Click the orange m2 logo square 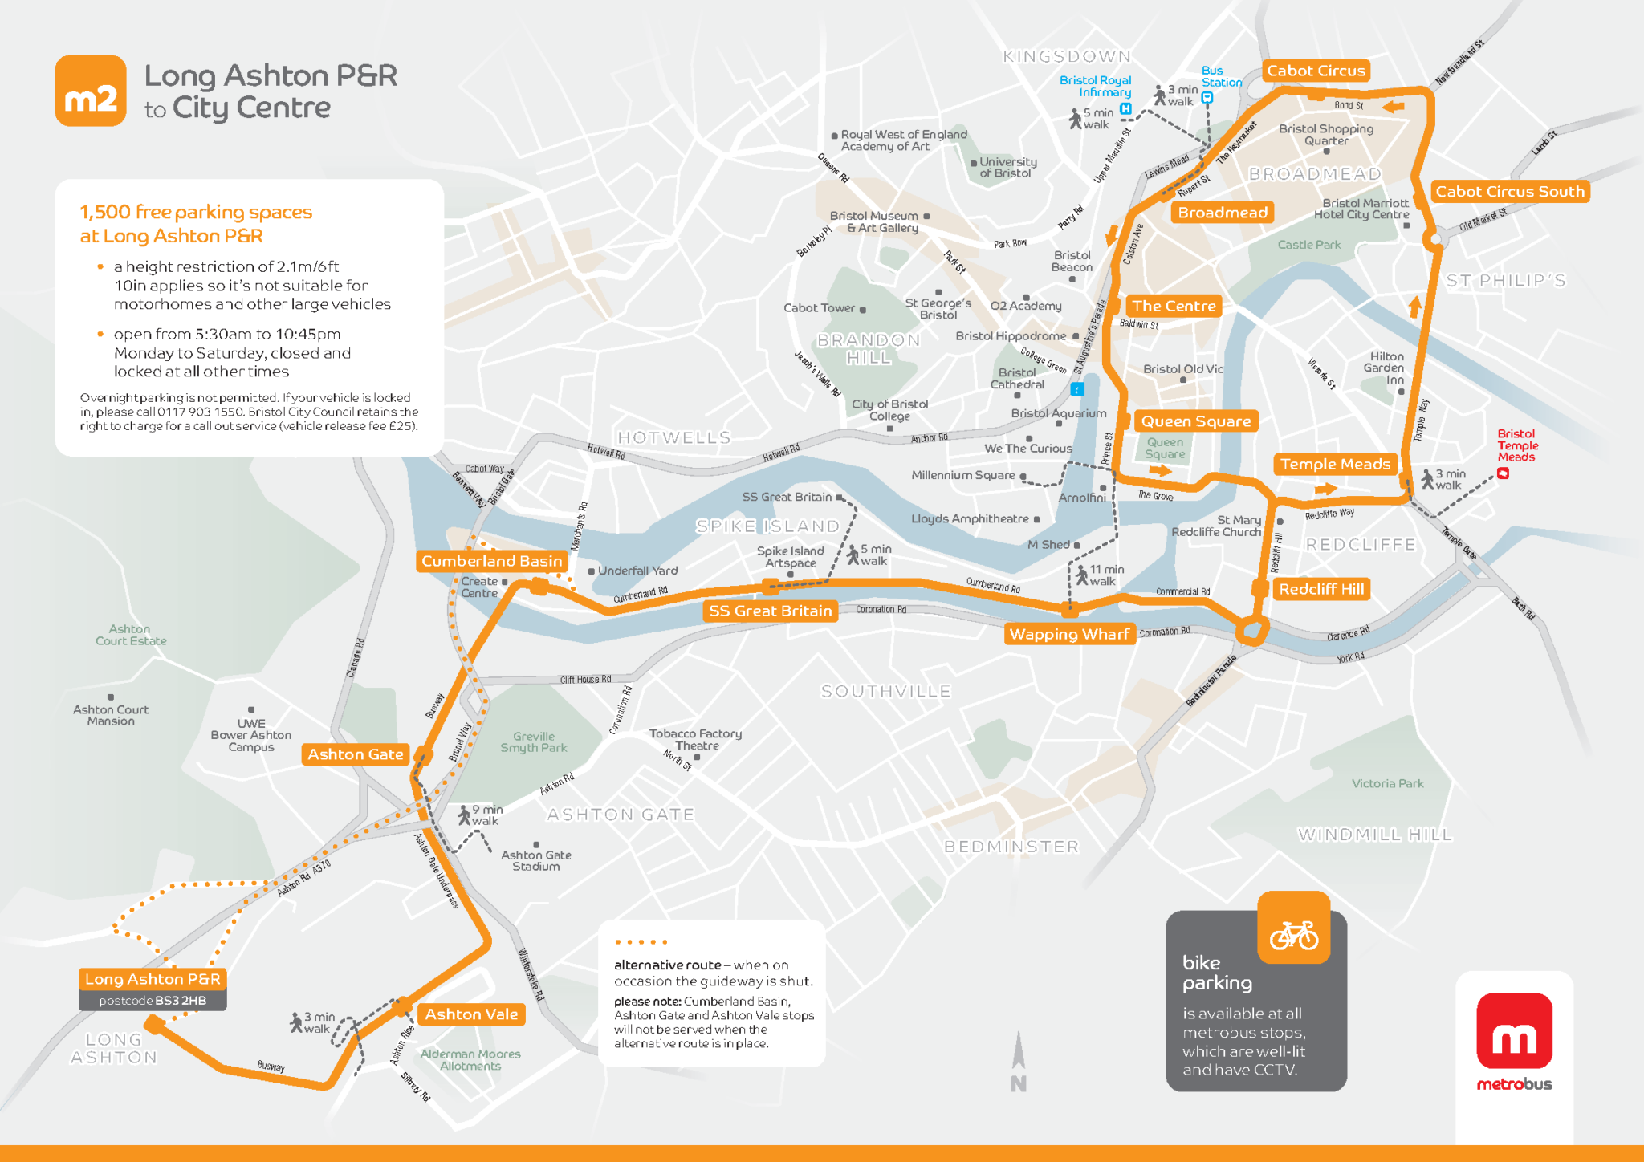(90, 91)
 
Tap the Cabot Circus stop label (1316, 71)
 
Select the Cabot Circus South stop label (1509, 192)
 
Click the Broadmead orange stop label (1222, 213)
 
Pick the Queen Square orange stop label (1195, 421)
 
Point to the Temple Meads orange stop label (1334, 464)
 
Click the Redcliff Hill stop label (1320, 589)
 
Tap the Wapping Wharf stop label (1068, 634)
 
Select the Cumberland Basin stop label (491, 561)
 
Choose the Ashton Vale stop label (471, 1014)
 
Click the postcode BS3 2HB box (153, 1001)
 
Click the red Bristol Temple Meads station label (1517, 445)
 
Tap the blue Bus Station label (1221, 76)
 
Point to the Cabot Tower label (819, 308)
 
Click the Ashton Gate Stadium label (536, 860)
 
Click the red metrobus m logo (1514, 1031)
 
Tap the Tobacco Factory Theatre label (695, 739)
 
